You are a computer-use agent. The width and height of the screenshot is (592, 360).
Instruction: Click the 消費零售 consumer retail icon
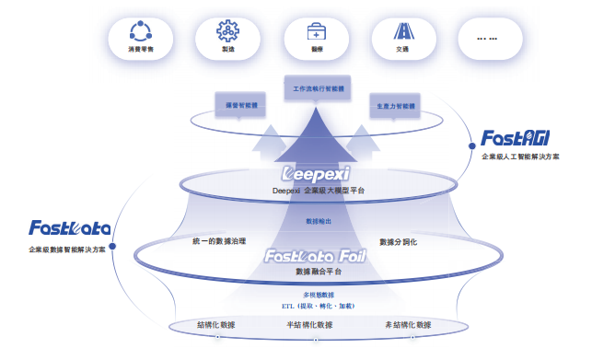point(141,31)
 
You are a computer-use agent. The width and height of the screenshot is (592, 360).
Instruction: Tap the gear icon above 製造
point(227,31)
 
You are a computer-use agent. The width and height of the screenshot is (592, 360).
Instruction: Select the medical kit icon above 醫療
point(315,31)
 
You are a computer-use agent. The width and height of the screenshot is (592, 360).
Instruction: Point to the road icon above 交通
point(402,31)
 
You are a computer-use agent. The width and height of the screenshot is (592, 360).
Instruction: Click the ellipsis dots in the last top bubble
point(489,38)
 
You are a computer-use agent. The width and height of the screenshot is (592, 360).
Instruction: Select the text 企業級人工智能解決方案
point(519,157)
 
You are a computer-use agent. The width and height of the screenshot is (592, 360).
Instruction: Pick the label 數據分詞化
point(398,241)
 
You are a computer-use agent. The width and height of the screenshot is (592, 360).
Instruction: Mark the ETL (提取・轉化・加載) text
point(318,305)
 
